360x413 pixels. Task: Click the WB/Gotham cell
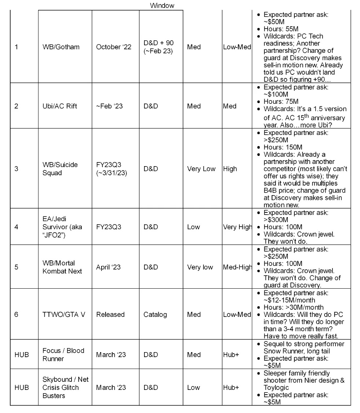tap(61, 47)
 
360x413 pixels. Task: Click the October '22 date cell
tap(114, 47)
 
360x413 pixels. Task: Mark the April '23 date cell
tap(108, 267)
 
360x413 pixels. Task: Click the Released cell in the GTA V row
tap(110, 314)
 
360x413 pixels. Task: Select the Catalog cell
tap(155, 314)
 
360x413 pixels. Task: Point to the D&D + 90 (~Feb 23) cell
tap(158, 47)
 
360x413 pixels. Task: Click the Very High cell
tap(238, 227)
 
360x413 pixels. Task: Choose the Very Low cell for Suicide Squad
tap(201, 169)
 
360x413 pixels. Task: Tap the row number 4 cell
tap(16, 227)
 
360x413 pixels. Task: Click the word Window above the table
tap(162, 6)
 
